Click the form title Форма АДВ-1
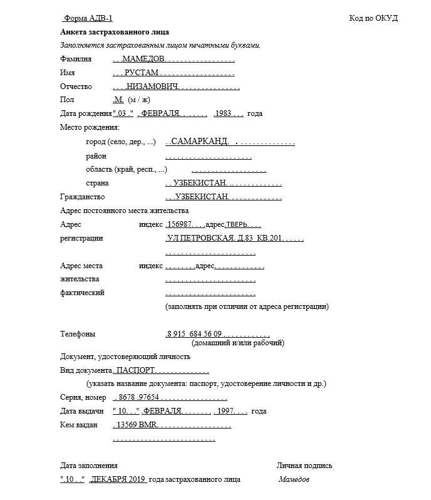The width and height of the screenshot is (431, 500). [x=89, y=18]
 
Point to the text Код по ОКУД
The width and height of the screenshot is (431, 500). [x=373, y=18]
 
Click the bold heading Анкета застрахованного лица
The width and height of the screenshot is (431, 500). [x=115, y=31]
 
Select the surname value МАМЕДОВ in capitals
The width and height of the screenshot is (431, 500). [x=144, y=59]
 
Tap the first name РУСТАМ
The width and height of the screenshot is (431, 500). [x=142, y=73]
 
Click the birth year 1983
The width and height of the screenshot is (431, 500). [x=223, y=113]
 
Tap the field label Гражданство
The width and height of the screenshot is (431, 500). [x=82, y=197]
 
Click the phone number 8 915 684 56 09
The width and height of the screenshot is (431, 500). [x=194, y=334]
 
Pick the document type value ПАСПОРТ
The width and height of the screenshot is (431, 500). [x=137, y=370]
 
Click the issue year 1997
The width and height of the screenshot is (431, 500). [x=224, y=411]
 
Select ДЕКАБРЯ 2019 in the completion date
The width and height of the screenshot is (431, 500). [x=119, y=479]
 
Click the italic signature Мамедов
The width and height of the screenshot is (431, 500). [x=294, y=479]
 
